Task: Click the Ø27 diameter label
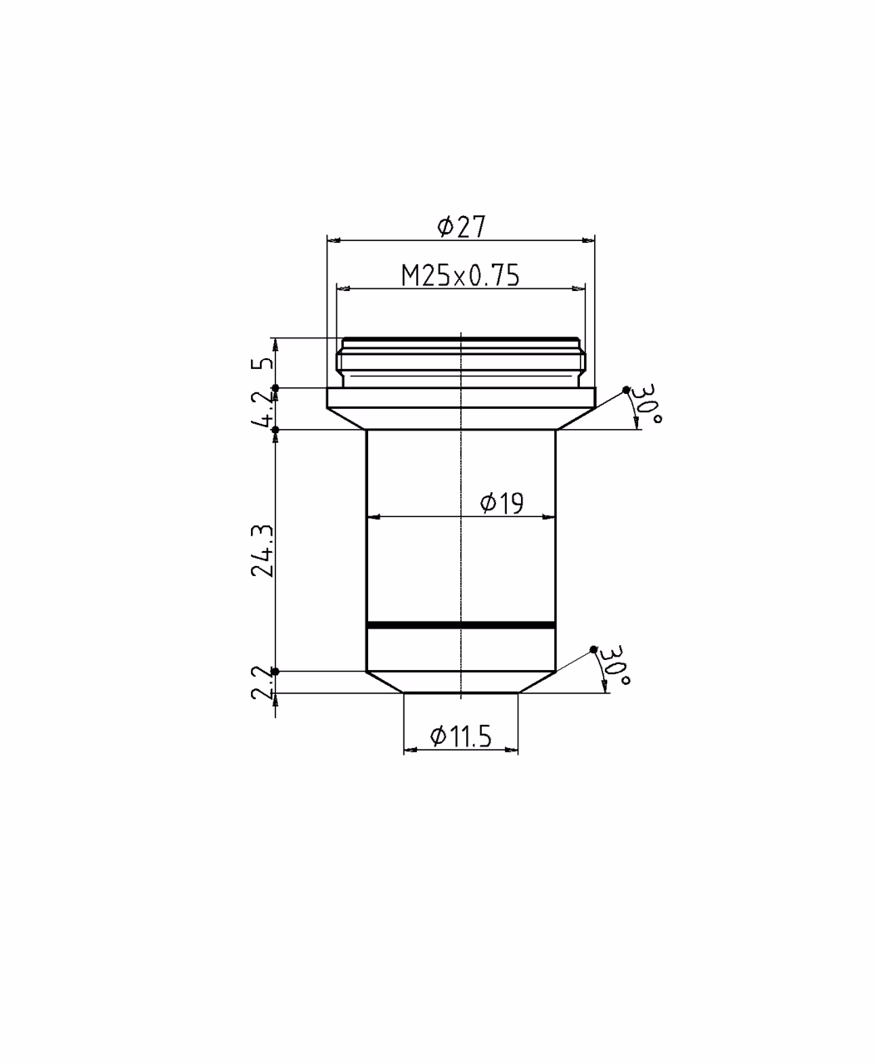pyautogui.click(x=461, y=227)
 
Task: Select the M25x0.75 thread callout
pyautogui.click(x=460, y=276)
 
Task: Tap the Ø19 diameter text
pyautogui.click(x=502, y=503)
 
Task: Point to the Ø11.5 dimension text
pyautogui.click(x=460, y=737)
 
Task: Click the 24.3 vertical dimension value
pyautogui.click(x=263, y=550)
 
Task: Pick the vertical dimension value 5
pyautogui.click(x=263, y=363)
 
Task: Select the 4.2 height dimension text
pyautogui.click(x=263, y=409)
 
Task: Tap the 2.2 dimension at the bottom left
pyautogui.click(x=263, y=682)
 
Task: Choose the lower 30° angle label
pyautogui.click(x=616, y=665)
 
